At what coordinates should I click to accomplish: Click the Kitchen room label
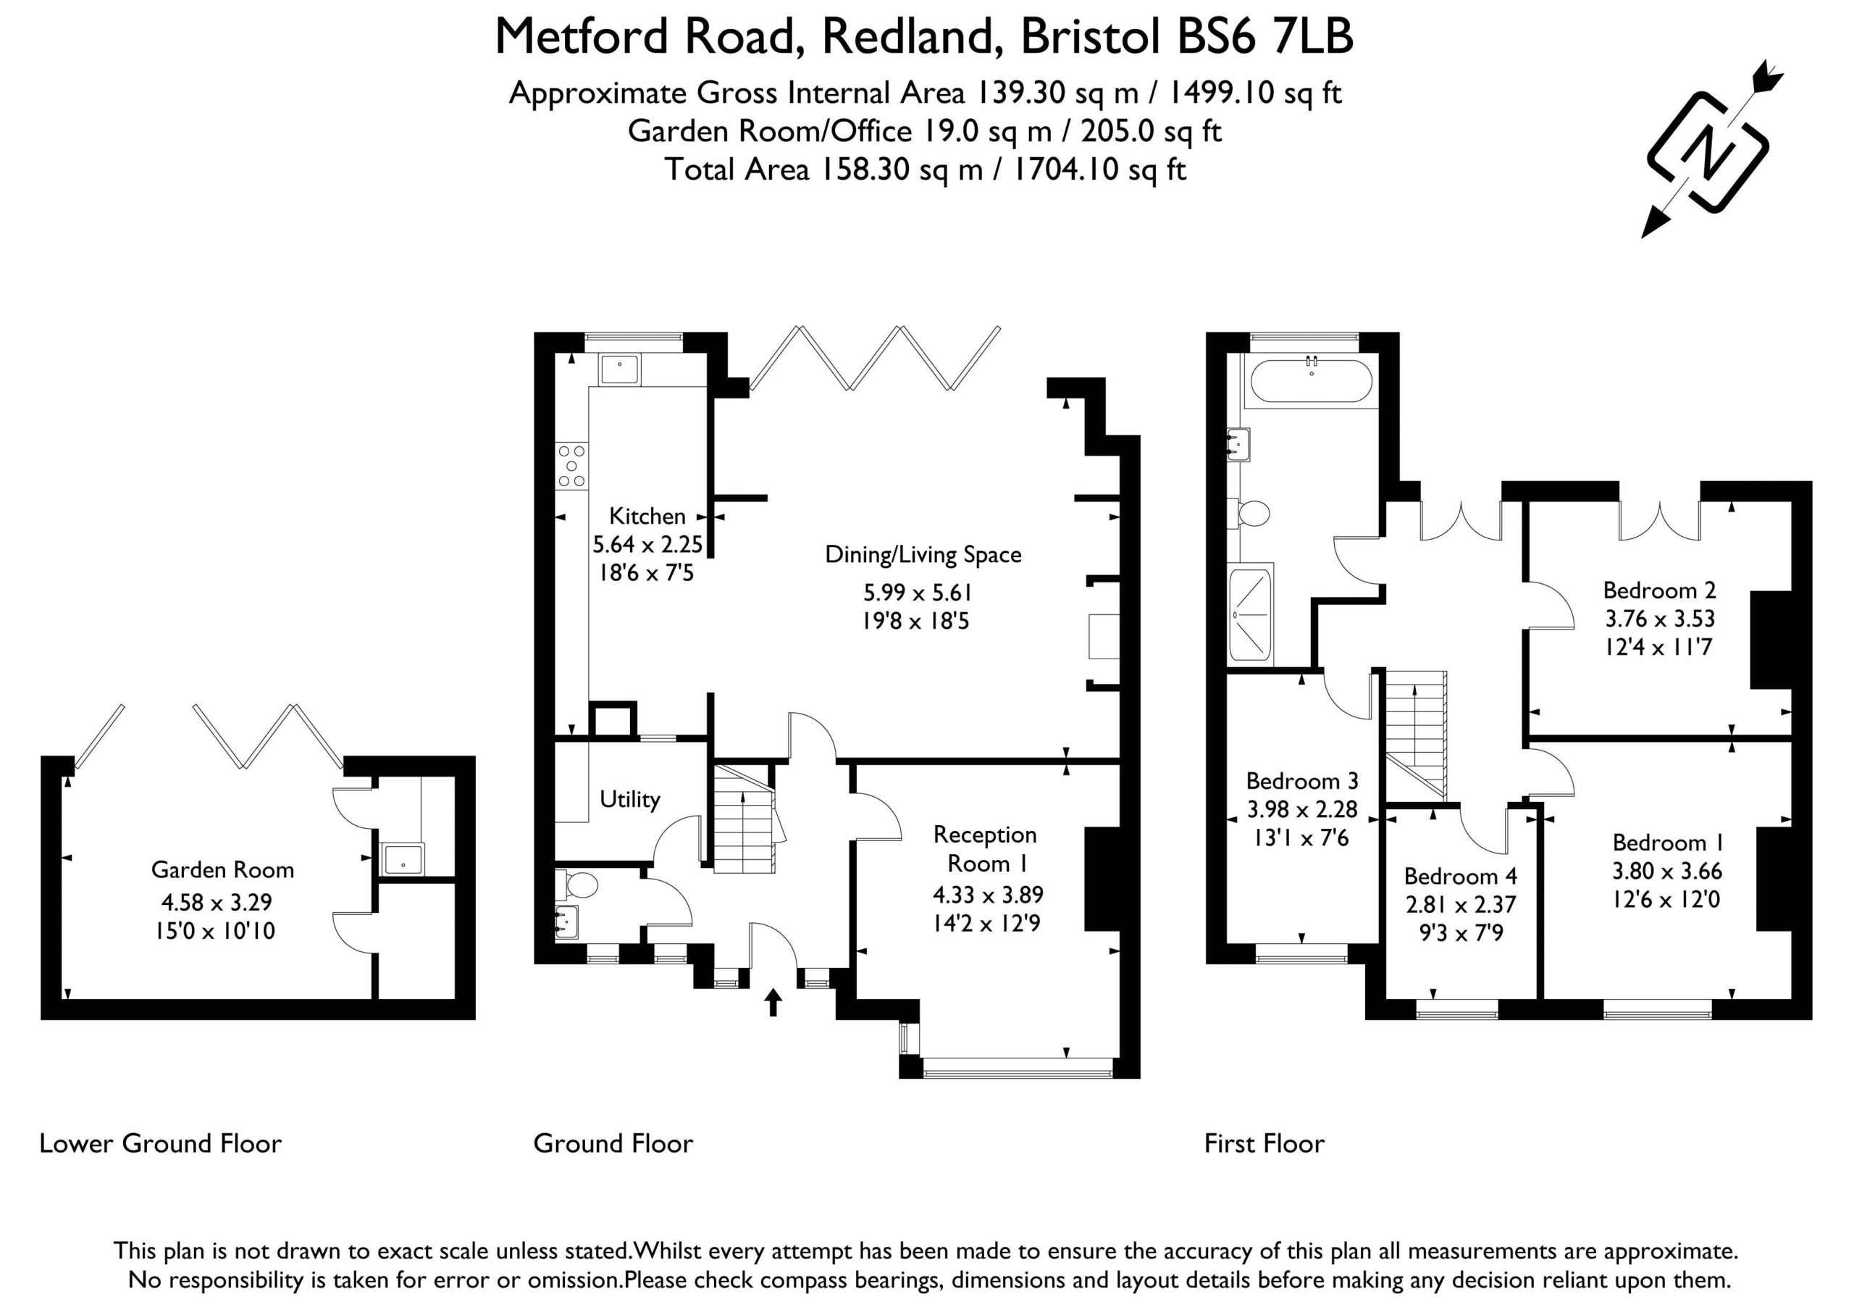647,515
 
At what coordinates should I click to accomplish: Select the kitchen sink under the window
619,370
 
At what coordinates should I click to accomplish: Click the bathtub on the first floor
1311,381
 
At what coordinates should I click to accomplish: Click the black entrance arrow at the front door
773,1002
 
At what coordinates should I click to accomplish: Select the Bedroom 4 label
1460,877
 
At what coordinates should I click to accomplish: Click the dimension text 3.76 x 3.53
1659,619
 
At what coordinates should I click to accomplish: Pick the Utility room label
630,800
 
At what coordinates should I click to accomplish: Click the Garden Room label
222,870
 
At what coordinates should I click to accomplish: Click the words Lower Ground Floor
161,1144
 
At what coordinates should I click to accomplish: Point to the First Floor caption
1264,1144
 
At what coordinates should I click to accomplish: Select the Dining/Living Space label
923,555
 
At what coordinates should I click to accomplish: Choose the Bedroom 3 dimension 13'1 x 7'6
1301,837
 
